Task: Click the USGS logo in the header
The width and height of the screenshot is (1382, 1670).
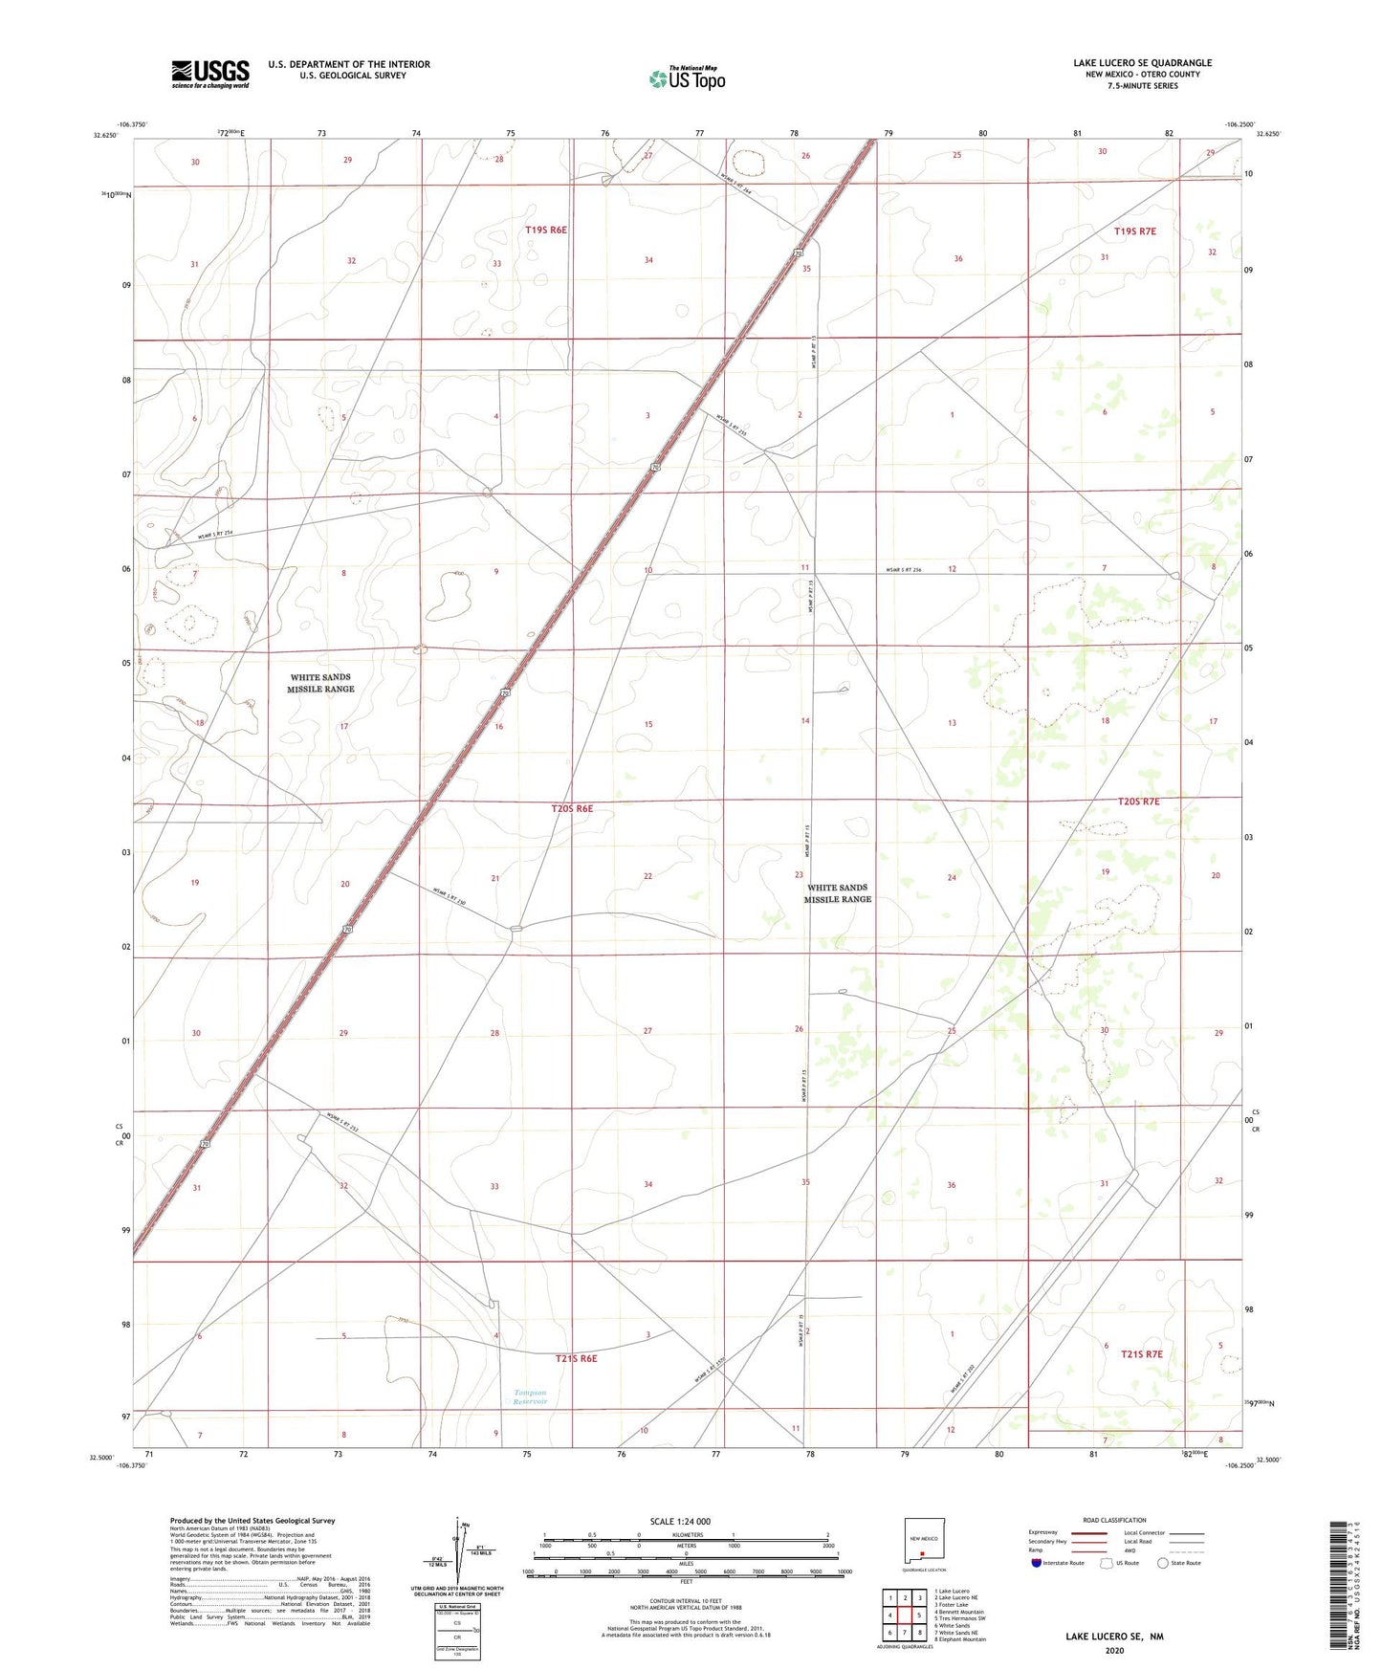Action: coord(210,74)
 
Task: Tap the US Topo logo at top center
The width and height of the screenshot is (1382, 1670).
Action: coord(687,77)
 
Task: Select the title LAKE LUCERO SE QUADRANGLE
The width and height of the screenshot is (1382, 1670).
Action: coord(1142,63)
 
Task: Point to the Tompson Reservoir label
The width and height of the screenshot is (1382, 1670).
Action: coord(529,1396)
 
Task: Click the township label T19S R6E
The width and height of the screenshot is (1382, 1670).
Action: coord(546,230)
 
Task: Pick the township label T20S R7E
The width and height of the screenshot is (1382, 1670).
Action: coord(1138,802)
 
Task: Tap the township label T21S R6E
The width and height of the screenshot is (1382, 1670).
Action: coord(576,1358)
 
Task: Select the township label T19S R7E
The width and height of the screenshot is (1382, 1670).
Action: coord(1135,231)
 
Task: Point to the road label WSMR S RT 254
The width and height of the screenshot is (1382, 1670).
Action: coord(215,535)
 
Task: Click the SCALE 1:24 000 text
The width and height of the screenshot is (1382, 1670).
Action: coord(680,1521)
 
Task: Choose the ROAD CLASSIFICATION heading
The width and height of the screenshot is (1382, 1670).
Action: coord(1114,1520)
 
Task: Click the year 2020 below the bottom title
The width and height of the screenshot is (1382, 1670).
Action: coord(1114,1651)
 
